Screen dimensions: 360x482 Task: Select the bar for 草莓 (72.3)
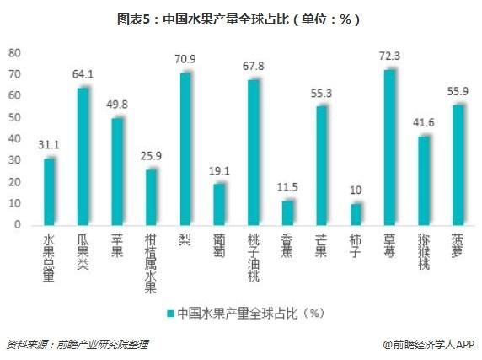point(388,147)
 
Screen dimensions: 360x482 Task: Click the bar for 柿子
point(355,214)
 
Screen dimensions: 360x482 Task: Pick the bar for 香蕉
point(287,212)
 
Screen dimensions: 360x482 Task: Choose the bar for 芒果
point(321,165)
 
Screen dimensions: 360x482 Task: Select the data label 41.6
point(423,123)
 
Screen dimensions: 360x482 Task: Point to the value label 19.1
point(219,171)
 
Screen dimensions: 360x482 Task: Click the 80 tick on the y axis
point(13,52)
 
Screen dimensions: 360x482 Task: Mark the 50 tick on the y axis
point(13,117)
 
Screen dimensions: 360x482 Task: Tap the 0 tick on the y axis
point(17,225)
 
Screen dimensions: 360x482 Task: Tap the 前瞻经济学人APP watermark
point(429,344)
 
